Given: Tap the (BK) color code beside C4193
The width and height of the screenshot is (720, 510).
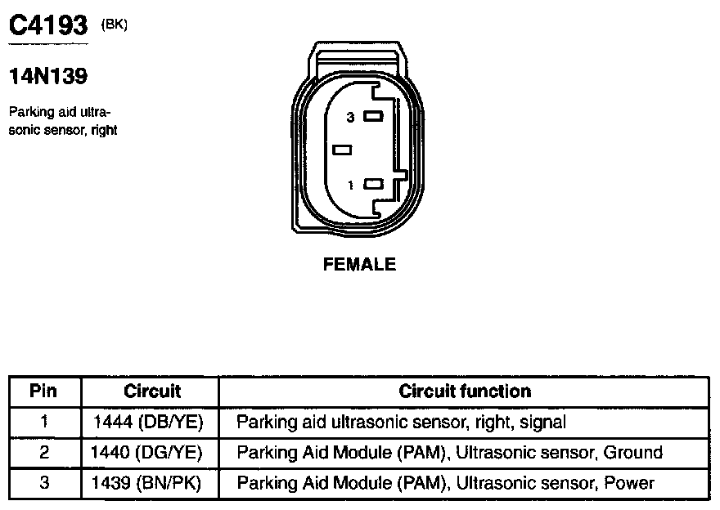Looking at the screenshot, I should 114,25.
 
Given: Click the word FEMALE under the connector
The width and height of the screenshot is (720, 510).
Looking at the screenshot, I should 359,264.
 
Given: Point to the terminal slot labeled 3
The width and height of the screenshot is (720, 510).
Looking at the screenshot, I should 374,117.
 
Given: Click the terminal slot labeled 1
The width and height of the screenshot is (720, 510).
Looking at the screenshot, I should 374,184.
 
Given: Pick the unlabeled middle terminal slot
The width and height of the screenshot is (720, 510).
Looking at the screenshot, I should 343,150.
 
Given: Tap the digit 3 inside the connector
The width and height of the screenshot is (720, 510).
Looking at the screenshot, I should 350,118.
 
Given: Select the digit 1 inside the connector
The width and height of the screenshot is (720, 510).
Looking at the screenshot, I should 351,185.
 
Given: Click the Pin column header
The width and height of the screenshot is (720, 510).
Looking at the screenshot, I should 44,391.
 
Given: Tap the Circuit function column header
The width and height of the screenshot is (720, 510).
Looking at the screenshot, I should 465,391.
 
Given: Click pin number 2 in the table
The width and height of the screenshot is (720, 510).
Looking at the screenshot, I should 44,452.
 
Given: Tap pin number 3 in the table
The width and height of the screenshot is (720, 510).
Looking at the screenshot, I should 44,483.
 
